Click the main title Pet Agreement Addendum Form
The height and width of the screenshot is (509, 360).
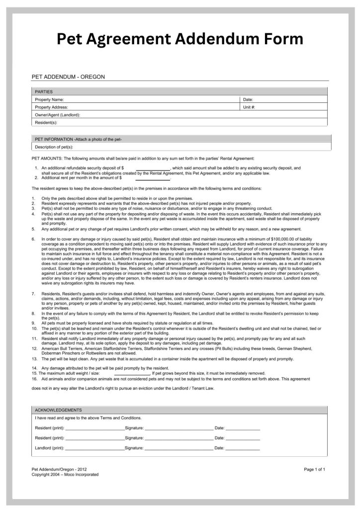click(180, 38)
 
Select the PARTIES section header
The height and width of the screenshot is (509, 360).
click(44, 91)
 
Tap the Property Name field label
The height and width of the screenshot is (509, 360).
click(49, 99)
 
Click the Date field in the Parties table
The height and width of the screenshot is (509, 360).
click(283, 99)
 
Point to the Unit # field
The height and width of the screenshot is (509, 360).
click(283, 107)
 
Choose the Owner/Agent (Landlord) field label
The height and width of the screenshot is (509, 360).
click(58, 115)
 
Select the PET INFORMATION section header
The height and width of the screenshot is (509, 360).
click(78, 139)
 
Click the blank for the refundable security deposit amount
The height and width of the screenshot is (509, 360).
click(153, 169)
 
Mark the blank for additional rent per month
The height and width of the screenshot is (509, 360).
click(153, 178)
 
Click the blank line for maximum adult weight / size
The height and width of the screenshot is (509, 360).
click(132, 374)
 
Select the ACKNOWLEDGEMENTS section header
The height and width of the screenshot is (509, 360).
click(58, 410)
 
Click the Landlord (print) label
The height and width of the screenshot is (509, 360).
click(50, 448)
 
